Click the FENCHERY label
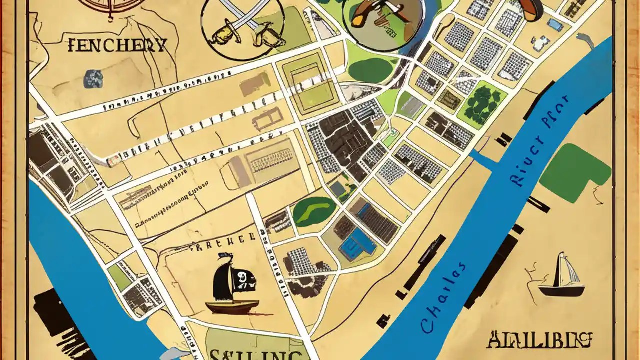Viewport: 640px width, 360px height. coord(116,46)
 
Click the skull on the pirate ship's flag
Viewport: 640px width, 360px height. coord(242,276)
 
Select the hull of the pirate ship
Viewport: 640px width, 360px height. coord(232,306)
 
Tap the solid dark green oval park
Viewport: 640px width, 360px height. coord(372,70)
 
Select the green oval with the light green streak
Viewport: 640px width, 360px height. coord(314,211)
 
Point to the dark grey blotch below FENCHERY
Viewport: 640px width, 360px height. coord(93,78)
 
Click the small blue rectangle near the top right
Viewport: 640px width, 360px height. coord(555,24)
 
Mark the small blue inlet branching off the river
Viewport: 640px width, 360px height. coord(482,159)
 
